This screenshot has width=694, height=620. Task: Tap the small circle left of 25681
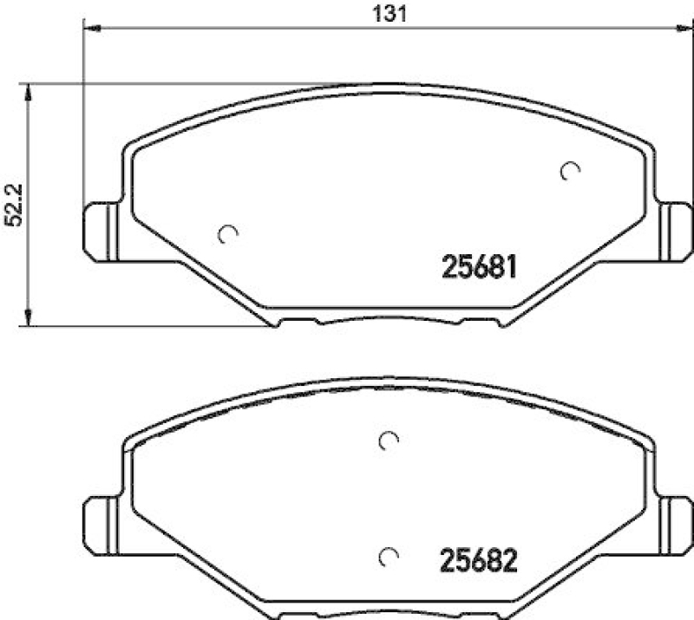click(228, 233)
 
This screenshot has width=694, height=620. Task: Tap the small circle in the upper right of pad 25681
click(569, 171)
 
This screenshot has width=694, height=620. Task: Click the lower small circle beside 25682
click(390, 555)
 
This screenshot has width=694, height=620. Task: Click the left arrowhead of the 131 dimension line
click(90, 30)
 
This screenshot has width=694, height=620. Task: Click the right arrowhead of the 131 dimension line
click(683, 30)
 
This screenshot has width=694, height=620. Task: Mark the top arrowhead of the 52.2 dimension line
click(29, 90)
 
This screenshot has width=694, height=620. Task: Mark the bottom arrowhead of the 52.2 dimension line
click(29, 320)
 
